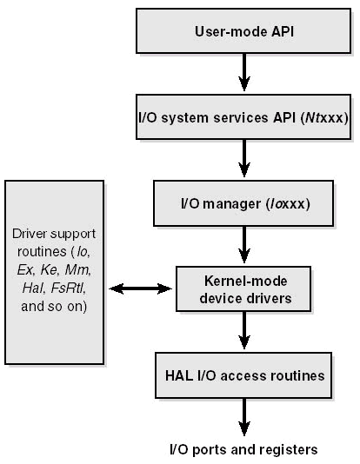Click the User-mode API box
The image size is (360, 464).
pyautogui.click(x=243, y=31)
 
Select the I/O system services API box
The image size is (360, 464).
pyautogui.click(x=243, y=117)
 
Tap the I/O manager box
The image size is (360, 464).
pyautogui.click(x=243, y=203)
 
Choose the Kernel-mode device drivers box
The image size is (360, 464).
pyautogui.click(x=243, y=288)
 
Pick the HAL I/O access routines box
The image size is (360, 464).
pyautogui.click(x=243, y=375)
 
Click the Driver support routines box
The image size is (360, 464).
pyautogui.click(x=55, y=272)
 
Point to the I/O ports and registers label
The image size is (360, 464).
pyautogui.click(x=243, y=450)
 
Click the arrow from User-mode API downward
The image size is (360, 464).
pyautogui.click(x=244, y=72)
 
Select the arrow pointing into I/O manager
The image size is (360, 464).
pyautogui.click(x=244, y=158)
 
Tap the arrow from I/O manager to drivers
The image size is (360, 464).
pyautogui.click(x=244, y=245)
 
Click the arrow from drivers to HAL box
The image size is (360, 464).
pyautogui.click(x=244, y=330)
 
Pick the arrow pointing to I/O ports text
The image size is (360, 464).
pyautogui.click(x=244, y=417)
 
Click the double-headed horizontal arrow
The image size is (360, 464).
pyautogui.click(x=140, y=288)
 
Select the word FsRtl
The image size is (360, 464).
pyautogui.click(x=68, y=288)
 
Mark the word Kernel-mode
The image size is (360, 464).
pyautogui.click(x=246, y=281)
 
